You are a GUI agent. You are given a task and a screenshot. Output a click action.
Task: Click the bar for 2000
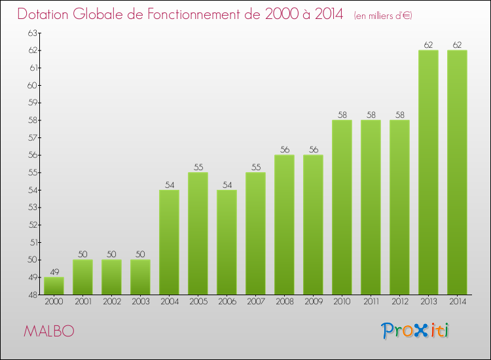54,286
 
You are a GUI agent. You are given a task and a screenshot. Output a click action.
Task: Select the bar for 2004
169,242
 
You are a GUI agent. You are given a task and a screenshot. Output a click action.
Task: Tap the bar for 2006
227,242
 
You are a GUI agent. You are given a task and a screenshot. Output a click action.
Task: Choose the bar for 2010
342,207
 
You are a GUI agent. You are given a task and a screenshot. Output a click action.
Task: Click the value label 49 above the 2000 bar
54,272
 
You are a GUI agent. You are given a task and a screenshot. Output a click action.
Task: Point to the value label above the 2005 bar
198,167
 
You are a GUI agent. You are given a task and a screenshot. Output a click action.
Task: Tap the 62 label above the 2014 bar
457,45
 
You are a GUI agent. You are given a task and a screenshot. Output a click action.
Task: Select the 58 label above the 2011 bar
371,115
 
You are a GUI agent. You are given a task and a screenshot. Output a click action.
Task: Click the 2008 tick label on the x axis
284,302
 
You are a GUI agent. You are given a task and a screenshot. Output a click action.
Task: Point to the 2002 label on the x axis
111,302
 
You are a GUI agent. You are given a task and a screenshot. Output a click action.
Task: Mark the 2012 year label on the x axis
399,302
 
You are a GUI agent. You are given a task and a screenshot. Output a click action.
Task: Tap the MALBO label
48,331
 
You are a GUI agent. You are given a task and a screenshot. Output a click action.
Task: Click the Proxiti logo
415,331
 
